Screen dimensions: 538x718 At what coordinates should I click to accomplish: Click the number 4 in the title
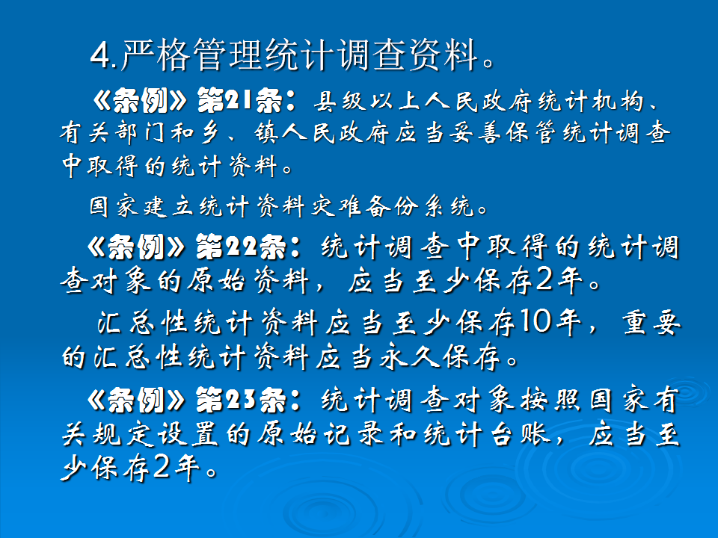(x=98, y=55)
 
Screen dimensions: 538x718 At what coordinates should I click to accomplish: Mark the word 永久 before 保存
(x=403, y=357)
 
